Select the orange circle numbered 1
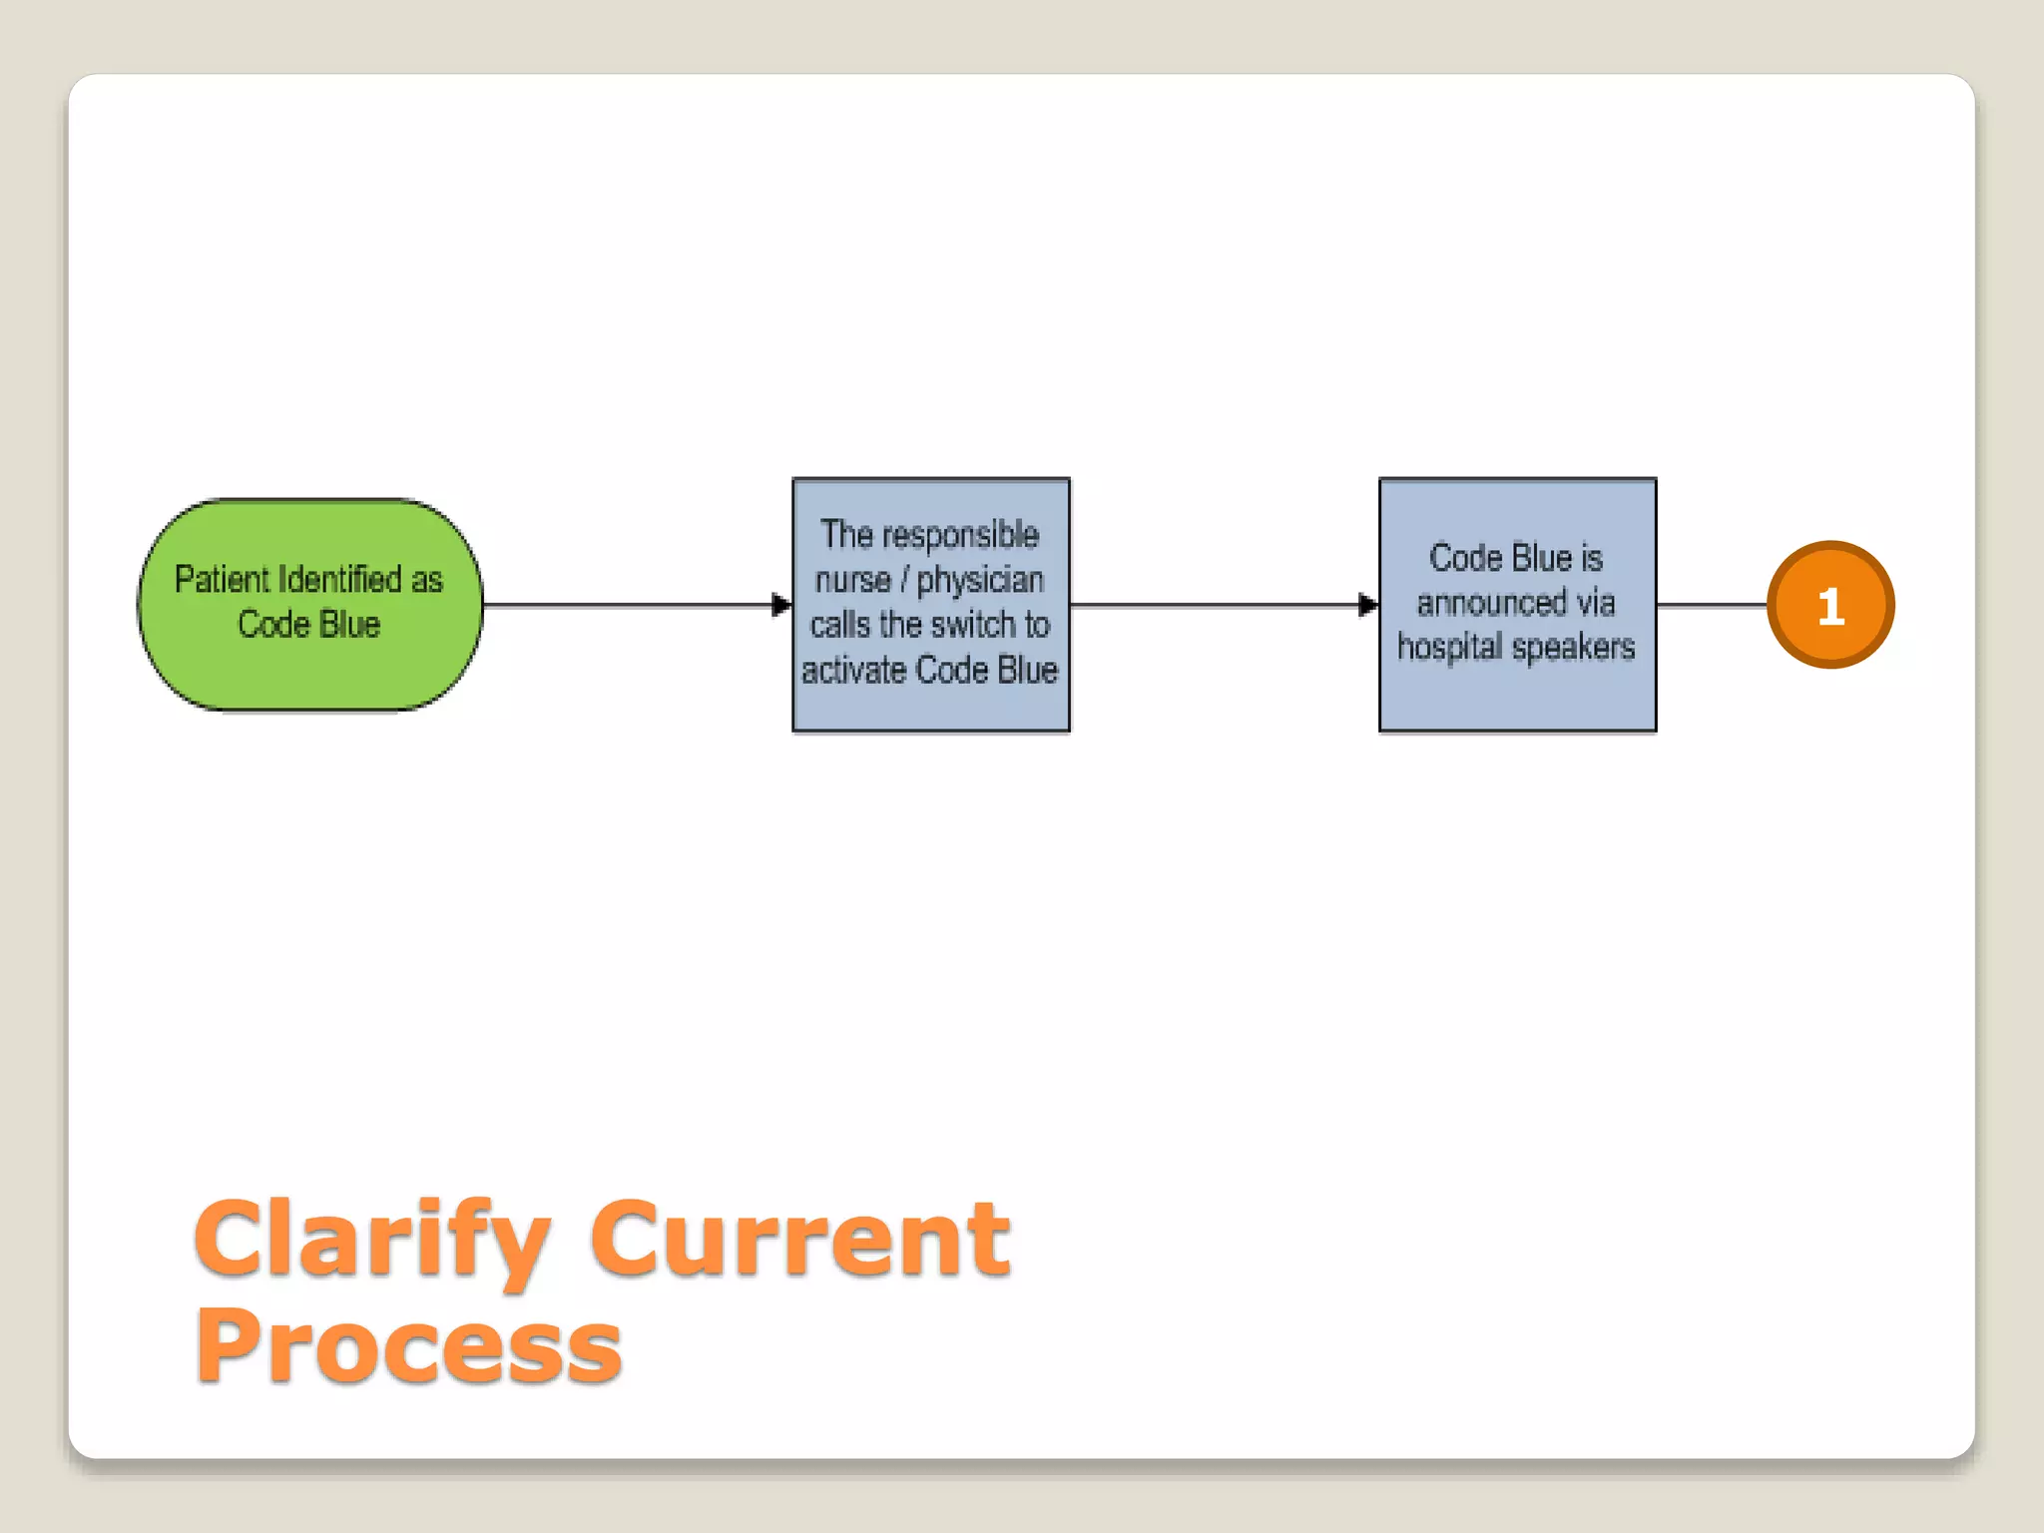coord(1829,605)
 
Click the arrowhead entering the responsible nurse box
coord(781,605)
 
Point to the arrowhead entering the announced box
coord(1368,605)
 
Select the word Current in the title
coord(799,1240)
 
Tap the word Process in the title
coord(408,1347)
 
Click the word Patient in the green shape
coord(222,580)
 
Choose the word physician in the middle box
coord(980,580)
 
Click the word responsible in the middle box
coord(960,536)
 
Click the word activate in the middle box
coord(853,670)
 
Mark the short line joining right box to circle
coord(1711,605)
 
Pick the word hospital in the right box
coord(1449,648)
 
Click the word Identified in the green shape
coord(339,580)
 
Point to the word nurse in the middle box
coord(852,580)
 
